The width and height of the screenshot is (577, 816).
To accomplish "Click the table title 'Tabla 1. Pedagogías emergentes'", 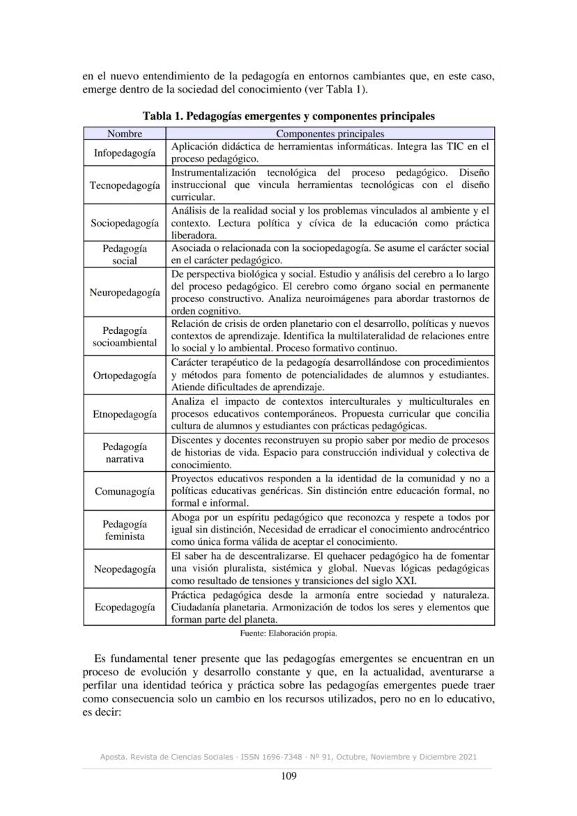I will (x=288, y=116).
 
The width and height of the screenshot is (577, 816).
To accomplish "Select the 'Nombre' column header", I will (x=125, y=133).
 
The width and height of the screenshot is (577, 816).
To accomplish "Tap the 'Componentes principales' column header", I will (x=330, y=133).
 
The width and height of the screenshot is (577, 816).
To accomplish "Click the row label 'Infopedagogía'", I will (x=125, y=153).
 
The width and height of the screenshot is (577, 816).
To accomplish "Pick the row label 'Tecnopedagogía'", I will (x=125, y=185).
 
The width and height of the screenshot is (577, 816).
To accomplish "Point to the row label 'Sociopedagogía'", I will (x=125, y=223).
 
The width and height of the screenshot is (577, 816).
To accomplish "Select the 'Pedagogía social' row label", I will (x=125, y=254).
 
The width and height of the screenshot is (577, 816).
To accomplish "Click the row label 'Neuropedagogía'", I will (x=125, y=293).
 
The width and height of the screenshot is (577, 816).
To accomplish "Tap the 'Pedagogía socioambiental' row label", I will (x=125, y=337).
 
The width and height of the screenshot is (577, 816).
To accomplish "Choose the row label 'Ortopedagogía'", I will (x=125, y=376).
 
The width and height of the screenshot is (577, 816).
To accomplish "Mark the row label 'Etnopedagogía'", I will (x=125, y=415).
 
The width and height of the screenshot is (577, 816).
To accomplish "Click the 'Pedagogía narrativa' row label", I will (x=125, y=453).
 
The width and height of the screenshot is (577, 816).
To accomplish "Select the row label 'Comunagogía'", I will (x=125, y=491).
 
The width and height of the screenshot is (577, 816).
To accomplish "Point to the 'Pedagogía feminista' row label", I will (x=125, y=530).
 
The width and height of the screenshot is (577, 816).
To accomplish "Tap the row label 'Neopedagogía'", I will (x=125, y=569).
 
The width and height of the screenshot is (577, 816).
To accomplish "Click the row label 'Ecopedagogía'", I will (x=125, y=607).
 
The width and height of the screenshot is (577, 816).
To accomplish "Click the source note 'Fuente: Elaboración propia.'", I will (x=288, y=633).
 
